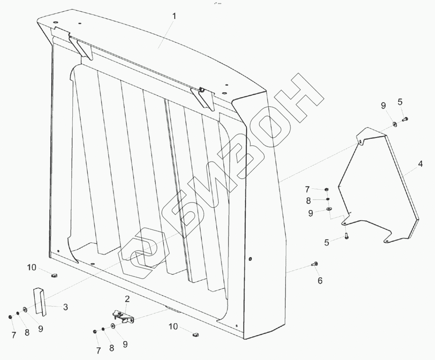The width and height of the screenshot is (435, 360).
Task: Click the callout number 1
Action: (174, 17)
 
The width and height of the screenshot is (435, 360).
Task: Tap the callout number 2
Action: (127, 299)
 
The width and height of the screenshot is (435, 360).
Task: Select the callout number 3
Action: (65, 308)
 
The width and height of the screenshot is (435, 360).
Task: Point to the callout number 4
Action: (421, 164)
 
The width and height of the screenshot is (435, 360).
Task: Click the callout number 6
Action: (320, 280)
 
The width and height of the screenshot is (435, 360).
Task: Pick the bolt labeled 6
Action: (314, 265)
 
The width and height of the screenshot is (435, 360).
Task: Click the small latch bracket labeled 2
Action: (123, 316)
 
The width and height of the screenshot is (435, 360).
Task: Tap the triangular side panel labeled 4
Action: (379, 187)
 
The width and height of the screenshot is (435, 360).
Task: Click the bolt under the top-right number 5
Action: (405, 119)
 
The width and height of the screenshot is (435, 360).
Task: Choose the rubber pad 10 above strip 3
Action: (54, 276)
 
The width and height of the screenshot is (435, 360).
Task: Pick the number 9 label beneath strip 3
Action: (40, 329)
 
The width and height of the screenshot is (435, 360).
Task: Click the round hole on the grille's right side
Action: (250, 258)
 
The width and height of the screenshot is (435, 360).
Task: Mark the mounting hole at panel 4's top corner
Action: (360, 142)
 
